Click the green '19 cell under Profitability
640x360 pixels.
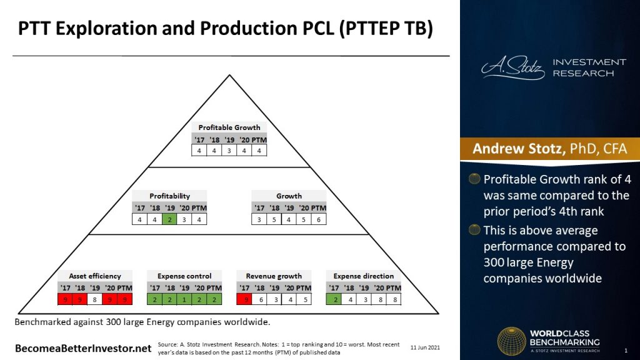(x=169, y=219)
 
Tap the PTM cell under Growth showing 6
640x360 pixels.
(x=319, y=219)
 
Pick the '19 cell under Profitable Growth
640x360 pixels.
(x=229, y=151)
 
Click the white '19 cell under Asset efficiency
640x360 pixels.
(x=95, y=299)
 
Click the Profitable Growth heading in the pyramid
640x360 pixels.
(x=229, y=127)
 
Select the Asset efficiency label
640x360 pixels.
(x=95, y=276)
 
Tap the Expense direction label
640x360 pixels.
(x=363, y=276)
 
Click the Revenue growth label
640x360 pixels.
(x=274, y=276)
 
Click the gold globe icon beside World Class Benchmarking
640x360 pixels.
(x=511, y=341)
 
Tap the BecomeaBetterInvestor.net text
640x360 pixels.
(x=83, y=347)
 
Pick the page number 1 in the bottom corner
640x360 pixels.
(x=626, y=349)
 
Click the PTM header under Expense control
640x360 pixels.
(x=214, y=287)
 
